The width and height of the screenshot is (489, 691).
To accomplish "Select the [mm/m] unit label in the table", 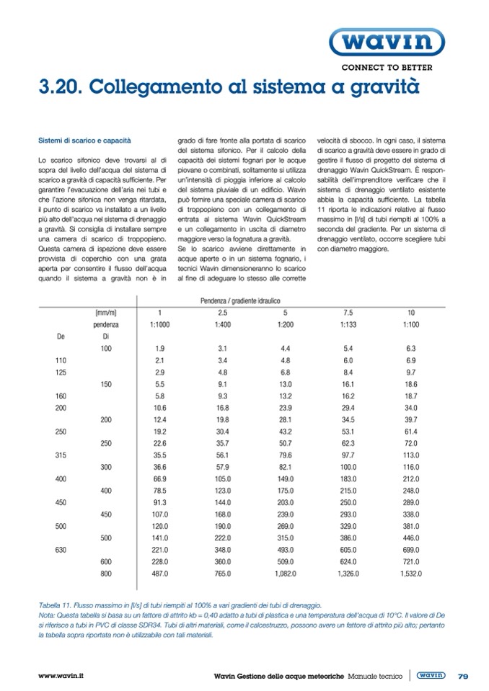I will (x=106, y=313).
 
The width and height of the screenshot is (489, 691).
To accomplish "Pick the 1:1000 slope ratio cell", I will (x=159, y=324).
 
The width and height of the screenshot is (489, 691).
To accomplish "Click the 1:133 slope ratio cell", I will (x=347, y=324).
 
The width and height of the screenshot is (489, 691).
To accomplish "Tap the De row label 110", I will (x=61, y=360).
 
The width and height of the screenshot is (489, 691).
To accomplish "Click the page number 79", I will (x=464, y=675).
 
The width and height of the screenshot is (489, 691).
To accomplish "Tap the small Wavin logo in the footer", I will (x=431, y=675).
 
